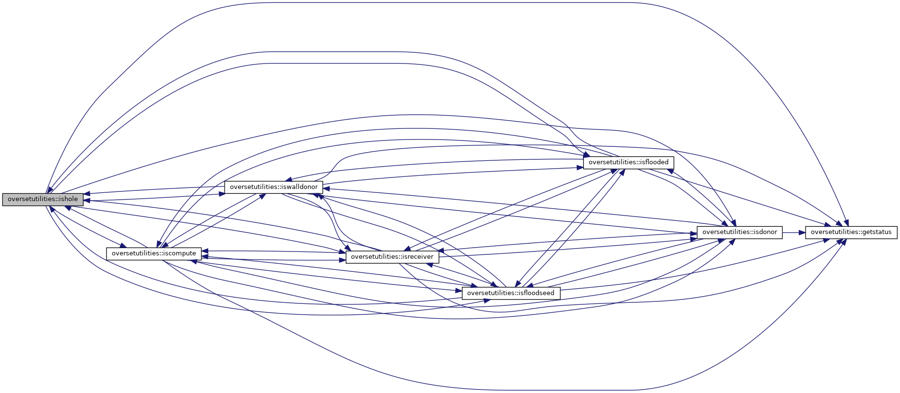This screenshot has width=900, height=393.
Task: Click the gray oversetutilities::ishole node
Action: [x=43, y=199]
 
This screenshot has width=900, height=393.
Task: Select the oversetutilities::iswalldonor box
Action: [x=274, y=187]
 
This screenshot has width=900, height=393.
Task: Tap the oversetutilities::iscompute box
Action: [x=154, y=253]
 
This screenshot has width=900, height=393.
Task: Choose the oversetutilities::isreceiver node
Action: [x=392, y=257]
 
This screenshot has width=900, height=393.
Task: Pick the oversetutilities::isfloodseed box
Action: [x=511, y=293]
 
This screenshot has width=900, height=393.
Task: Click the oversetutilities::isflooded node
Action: [x=628, y=162]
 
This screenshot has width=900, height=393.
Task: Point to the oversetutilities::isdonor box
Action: [x=739, y=232]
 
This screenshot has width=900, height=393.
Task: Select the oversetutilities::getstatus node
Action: [x=851, y=232]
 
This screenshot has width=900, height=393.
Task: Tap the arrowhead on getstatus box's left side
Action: [x=801, y=232]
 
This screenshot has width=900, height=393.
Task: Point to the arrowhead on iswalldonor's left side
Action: [x=221, y=193]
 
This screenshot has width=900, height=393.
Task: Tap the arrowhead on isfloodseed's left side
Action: [x=459, y=292]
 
